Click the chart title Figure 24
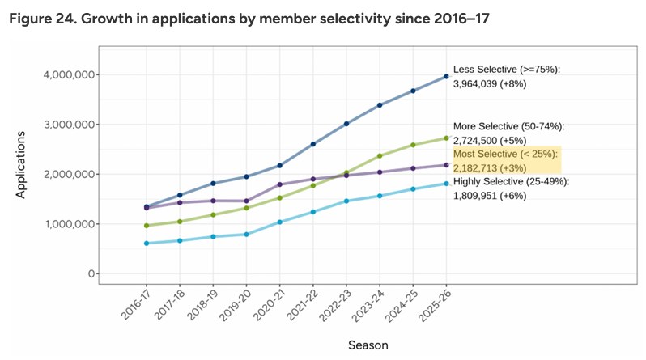point(249,19)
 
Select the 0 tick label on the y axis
point(91,274)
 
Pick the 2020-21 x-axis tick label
point(269,305)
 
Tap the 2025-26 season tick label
point(435,305)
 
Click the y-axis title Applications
point(20,165)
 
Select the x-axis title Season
point(368,345)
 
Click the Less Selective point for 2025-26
point(446,77)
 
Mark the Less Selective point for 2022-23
point(346,124)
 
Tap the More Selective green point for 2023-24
point(380,155)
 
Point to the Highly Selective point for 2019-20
point(246,235)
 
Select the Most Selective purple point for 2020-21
point(280,184)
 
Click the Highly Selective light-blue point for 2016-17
point(147,244)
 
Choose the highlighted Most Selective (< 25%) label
point(505,154)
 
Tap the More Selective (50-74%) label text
point(509,126)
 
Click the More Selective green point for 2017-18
point(180,222)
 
